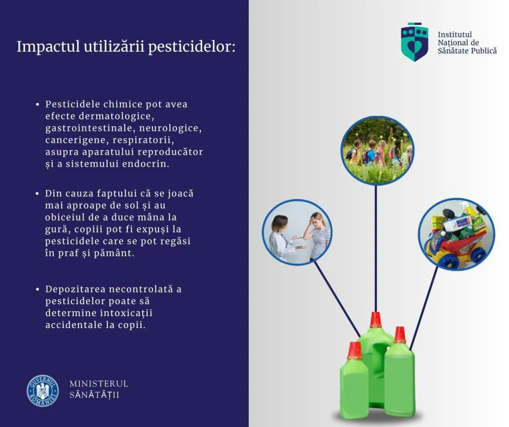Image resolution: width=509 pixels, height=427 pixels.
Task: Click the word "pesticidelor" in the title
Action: point(192,47)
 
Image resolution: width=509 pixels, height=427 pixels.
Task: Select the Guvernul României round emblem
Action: point(43,391)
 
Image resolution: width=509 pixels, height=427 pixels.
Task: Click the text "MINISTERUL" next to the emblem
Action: point(99,384)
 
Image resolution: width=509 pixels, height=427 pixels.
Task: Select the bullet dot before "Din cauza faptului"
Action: point(37,194)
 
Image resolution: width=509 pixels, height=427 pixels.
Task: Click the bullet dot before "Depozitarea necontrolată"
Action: point(37,289)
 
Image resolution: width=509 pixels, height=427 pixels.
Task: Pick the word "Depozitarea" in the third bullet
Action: point(76,290)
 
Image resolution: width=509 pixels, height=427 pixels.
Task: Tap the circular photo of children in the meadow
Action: point(377,151)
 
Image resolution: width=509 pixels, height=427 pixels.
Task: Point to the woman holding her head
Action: point(320,235)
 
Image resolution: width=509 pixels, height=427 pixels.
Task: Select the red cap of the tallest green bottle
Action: point(376,320)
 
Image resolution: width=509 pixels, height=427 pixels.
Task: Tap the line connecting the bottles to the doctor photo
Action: point(338,299)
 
